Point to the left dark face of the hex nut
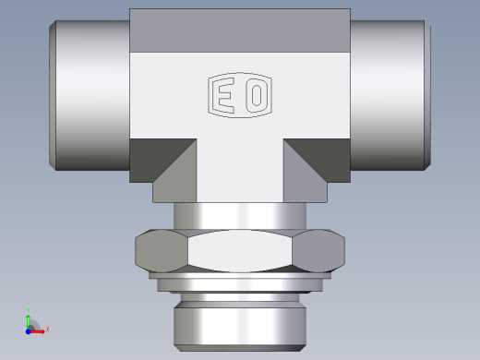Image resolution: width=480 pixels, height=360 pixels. pos(160,250)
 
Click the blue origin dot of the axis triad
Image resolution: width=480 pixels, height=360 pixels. pos(30,328)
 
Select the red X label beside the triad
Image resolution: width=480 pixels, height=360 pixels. pos(47,329)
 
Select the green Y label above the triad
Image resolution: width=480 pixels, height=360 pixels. pos(30,310)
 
